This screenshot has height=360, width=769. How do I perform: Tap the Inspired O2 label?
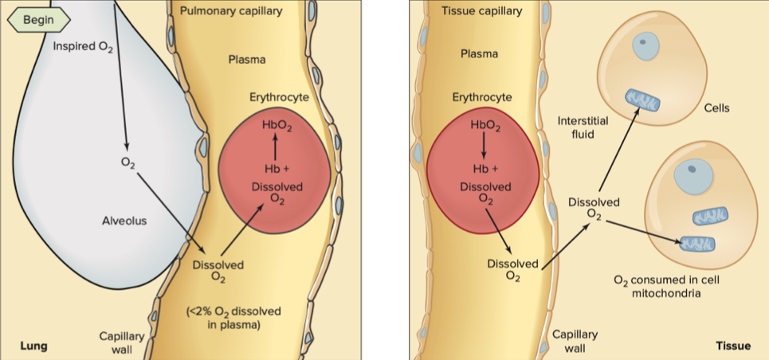(x=83, y=46)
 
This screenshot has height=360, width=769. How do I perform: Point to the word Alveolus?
(x=124, y=221)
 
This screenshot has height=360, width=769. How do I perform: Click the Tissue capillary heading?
(x=481, y=11)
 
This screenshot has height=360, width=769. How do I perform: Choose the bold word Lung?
(x=33, y=346)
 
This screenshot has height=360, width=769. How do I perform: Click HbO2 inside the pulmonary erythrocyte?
(x=277, y=127)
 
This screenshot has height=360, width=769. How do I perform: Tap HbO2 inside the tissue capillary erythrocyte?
(x=486, y=126)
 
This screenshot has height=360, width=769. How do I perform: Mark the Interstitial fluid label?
(x=583, y=127)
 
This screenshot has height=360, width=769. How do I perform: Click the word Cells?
(x=716, y=108)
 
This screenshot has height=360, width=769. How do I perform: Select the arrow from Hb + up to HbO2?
(x=276, y=147)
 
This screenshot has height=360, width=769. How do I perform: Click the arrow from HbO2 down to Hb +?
(x=484, y=147)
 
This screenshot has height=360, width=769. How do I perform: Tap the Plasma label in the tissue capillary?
(x=480, y=54)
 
